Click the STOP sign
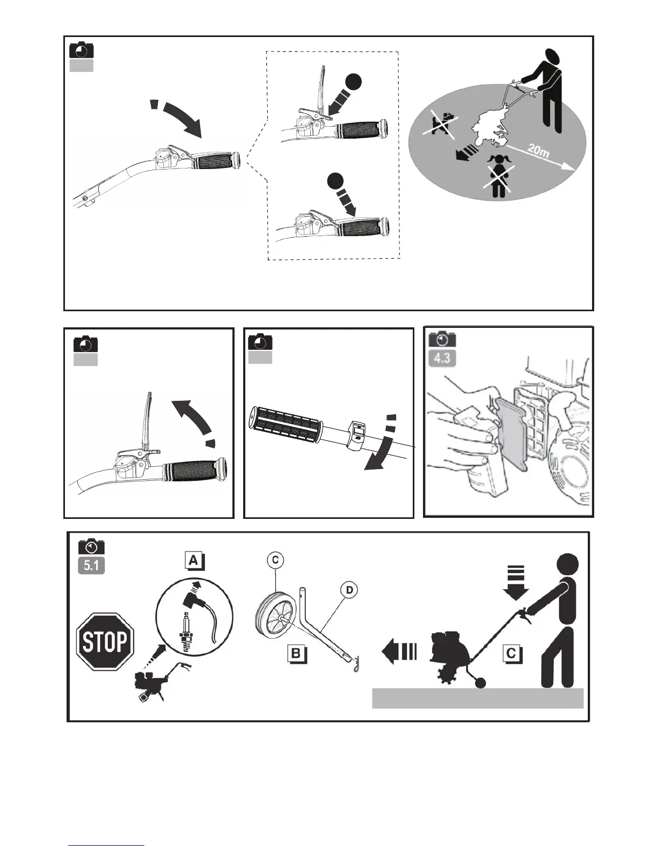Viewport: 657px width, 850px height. point(105,641)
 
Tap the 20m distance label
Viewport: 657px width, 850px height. point(537,150)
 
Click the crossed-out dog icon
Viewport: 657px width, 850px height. point(442,122)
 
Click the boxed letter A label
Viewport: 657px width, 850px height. point(193,561)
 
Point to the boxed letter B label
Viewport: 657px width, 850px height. point(296,654)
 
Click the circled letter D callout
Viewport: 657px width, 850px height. point(349,590)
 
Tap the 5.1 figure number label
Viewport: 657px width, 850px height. point(91,565)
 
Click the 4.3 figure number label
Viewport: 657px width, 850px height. point(442,357)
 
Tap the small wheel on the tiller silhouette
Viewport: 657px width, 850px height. point(479,683)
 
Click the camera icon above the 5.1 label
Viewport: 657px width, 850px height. point(91,546)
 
